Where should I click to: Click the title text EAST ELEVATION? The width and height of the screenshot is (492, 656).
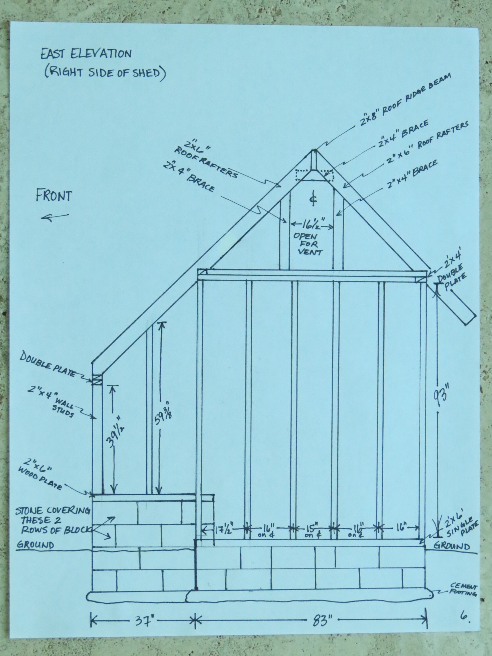(x=86, y=54)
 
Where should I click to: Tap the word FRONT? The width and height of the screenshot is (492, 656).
(x=54, y=196)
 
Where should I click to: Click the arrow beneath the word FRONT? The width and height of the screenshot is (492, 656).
(x=55, y=217)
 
